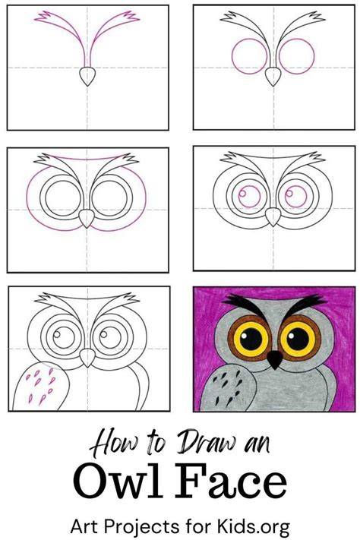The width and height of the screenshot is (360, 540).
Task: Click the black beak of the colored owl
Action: pyautogui.click(x=275, y=359)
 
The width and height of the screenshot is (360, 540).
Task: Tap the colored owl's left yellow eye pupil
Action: pyautogui.click(x=251, y=339)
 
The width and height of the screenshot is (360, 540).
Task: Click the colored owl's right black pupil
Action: pyautogui.click(x=298, y=339)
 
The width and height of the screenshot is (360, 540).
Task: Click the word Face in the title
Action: pyautogui.click(x=231, y=481)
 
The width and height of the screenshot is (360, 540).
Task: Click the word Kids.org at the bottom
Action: pyautogui.click(x=253, y=526)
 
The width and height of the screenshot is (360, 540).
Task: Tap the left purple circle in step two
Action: pyautogui.click(x=249, y=56)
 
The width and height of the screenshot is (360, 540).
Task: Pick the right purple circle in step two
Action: pyautogui.click(x=297, y=56)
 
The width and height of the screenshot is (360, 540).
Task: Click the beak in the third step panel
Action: pyautogui.click(x=87, y=218)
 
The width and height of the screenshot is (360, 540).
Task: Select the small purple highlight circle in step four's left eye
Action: pyautogui.click(x=242, y=193)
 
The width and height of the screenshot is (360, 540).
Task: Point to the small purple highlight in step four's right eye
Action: pyautogui.click(x=289, y=193)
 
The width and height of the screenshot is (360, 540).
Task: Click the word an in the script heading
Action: pyautogui.click(x=257, y=445)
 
